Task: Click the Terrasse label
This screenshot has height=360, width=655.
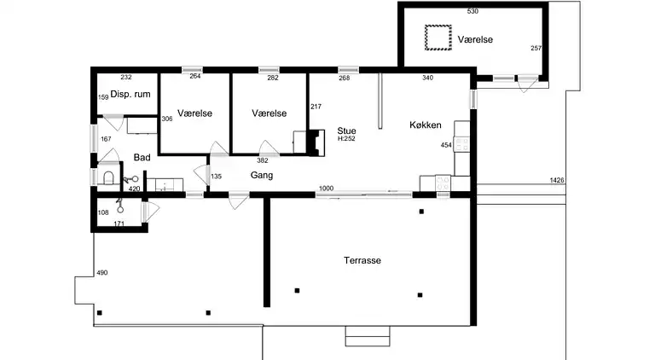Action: (362, 260)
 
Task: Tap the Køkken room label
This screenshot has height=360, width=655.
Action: (426, 125)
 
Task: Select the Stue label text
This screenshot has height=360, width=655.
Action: (346, 131)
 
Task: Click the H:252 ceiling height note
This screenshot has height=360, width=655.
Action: (346, 139)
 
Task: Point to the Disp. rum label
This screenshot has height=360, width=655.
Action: (130, 95)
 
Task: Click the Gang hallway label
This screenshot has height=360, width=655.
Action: (262, 176)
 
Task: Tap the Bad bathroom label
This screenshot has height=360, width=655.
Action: (142, 158)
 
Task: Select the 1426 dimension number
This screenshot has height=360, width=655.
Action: (557, 180)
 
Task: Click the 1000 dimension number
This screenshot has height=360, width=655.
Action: (327, 189)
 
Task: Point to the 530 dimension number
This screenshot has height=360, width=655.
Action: (472, 11)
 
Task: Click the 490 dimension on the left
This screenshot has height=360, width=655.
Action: (102, 273)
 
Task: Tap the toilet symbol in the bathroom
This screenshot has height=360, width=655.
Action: (108, 177)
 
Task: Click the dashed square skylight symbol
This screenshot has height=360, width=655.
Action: (438, 38)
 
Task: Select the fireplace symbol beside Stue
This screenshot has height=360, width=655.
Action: (316, 143)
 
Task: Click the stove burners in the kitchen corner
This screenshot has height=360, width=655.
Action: (443, 183)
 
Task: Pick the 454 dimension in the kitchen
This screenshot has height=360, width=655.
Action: (446, 145)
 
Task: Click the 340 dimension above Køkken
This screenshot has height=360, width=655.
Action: (428, 78)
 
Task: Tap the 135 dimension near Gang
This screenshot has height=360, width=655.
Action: (216, 177)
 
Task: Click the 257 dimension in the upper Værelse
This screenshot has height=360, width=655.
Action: (536, 49)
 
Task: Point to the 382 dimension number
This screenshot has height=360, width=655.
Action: (263, 160)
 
